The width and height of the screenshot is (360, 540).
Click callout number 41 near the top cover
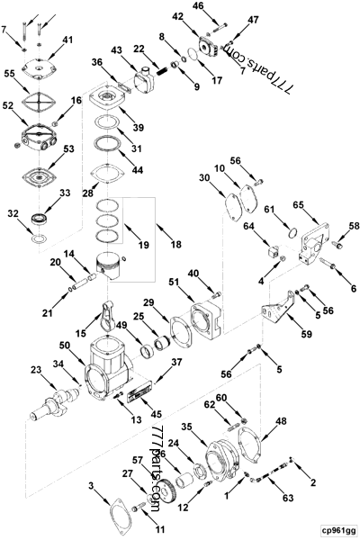[x=68, y=40]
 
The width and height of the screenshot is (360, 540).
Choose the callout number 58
[x=354, y=226]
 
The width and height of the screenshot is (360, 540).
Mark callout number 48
[x=281, y=420]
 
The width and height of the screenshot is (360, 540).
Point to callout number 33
[x=64, y=193]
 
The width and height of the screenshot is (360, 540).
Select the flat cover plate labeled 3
[x=121, y=514]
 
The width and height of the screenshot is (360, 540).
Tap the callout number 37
[x=175, y=363]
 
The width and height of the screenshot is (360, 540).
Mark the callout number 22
[x=139, y=49]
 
